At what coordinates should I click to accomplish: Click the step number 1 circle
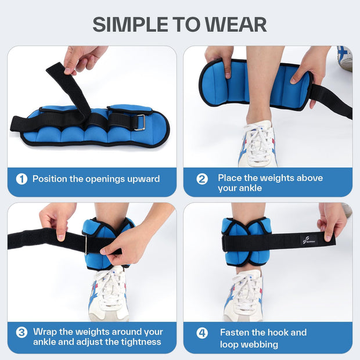pos(21,179)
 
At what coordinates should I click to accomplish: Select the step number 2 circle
pos(202,179)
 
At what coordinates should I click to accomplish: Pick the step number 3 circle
pos(21,333)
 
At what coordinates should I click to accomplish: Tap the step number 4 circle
pos(202,333)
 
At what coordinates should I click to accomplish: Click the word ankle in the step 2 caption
pos(249,188)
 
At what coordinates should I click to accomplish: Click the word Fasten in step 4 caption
pos(235,333)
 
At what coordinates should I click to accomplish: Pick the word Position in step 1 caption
pos(50,179)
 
